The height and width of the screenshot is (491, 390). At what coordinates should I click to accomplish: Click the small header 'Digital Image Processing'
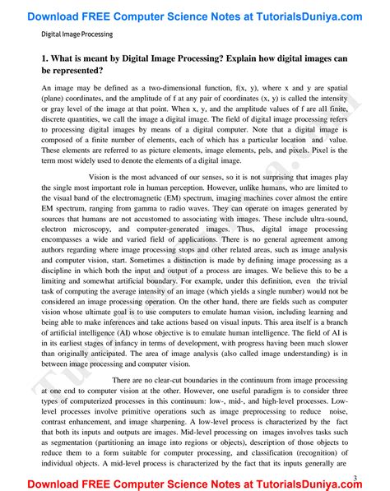pyautogui.click(x=77, y=35)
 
